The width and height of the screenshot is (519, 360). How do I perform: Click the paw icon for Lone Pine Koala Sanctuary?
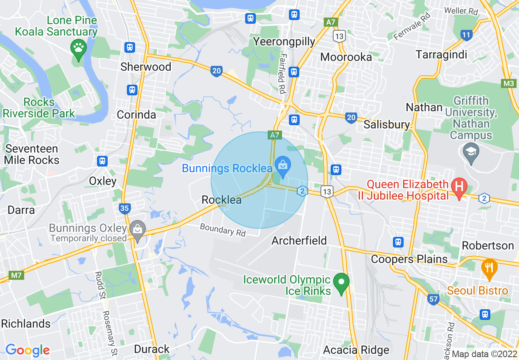point(78,48)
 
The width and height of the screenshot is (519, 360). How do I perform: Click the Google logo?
point(27,350)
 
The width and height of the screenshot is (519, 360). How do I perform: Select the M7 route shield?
point(16,275)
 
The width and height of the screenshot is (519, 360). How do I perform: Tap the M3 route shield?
point(508,83)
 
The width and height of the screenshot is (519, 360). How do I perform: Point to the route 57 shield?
point(433,299)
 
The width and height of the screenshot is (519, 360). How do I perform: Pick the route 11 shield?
point(466,35)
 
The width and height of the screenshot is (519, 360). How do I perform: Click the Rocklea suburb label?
point(221,200)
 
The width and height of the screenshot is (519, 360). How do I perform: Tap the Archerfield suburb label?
point(299,241)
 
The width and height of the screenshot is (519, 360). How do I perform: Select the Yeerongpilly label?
point(284,41)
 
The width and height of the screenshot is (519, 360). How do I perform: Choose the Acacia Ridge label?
point(356,350)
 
